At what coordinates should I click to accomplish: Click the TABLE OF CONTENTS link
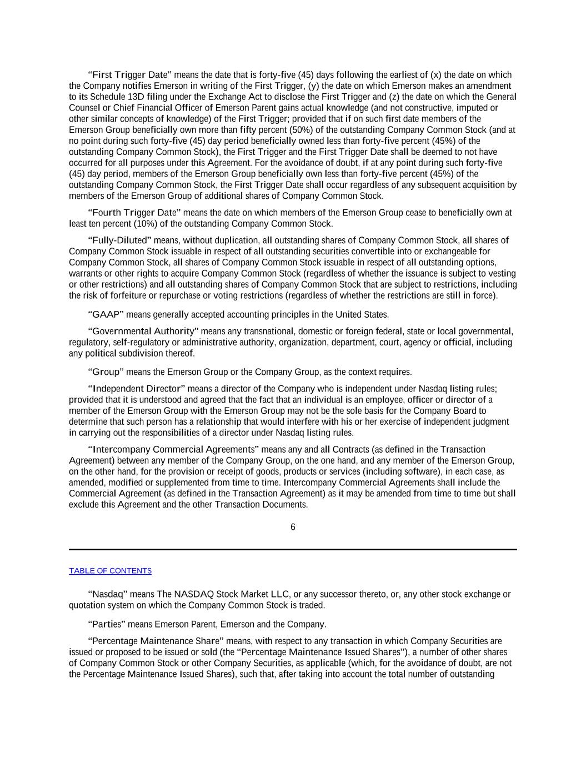(x=110, y=571)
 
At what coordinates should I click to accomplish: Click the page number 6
(x=293, y=527)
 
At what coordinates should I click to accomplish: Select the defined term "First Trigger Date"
(x=130, y=75)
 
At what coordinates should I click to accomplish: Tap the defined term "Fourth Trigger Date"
(x=134, y=213)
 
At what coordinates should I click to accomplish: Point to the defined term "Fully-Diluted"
(x=119, y=240)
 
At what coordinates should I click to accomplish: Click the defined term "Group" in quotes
(x=106, y=372)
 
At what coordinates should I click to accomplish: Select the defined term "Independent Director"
(x=137, y=389)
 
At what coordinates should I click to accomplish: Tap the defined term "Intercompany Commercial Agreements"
(x=173, y=449)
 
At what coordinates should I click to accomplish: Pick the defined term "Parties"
(x=107, y=624)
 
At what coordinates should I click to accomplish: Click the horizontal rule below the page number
(x=293, y=549)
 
